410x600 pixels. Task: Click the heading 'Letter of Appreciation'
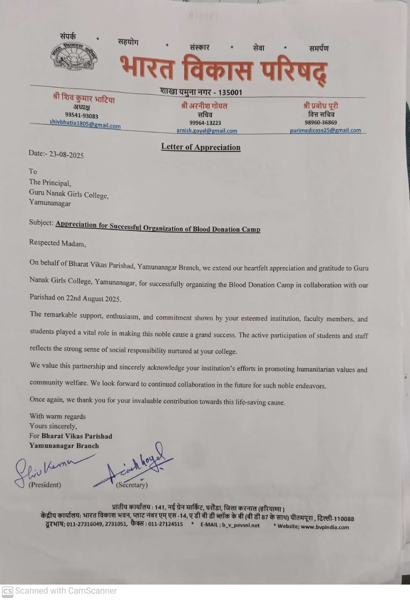[x=201, y=147]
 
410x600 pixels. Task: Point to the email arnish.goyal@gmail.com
[x=207, y=131]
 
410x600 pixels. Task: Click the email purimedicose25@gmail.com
[x=325, y=130]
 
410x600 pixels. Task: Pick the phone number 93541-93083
[x=82, y=115]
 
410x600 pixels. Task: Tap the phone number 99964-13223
[x=205, y=123]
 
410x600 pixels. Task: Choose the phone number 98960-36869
[x=321, y=122]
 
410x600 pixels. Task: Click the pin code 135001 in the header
[x=228, y=92]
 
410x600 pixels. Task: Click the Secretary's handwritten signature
[x=134, y=466]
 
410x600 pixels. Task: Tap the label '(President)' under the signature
[x=45, y=485]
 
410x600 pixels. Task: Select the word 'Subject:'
[x=41, y=223]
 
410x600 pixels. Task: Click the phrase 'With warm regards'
[x=58, y=416]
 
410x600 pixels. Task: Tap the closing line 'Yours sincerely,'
[x=53, y=426]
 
